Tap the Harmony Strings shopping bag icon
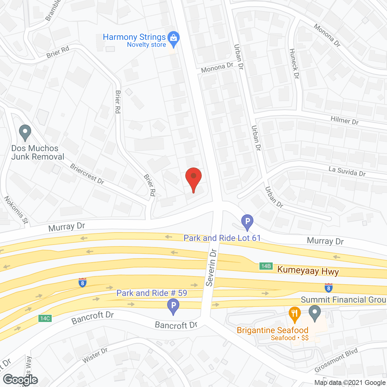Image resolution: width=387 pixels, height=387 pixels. (173, 38)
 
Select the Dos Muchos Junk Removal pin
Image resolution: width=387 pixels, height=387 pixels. (25, 132)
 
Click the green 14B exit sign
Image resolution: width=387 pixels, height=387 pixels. (266, 266)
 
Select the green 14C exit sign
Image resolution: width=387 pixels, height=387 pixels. (45, 318)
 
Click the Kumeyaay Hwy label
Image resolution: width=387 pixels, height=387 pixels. (308, 271)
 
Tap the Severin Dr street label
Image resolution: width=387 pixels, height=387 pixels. (211, 268)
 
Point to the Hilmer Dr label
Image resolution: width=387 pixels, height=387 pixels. (344, 120)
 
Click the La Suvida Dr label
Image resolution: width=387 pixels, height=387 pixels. (347, 171)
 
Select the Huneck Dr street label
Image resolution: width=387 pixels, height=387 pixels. (294, 64)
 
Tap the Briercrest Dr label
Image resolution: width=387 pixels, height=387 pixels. (87, 174)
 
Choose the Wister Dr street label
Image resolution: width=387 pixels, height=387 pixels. (95, 355)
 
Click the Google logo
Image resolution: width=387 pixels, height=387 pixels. (21, 379)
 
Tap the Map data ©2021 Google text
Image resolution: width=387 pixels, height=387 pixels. (350, 383)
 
